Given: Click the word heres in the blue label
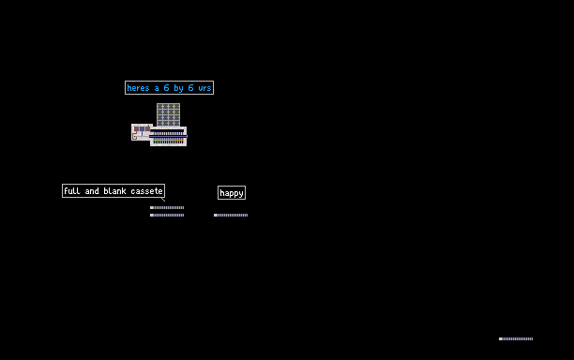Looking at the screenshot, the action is [138, 88].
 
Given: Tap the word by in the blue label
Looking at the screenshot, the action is [178, 88].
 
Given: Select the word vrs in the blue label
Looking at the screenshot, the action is [204, 88].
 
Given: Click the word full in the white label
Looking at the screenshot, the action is [72, 190].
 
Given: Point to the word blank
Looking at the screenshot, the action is [114, 190].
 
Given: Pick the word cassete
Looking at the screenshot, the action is [146, 191].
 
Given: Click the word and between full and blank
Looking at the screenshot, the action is [92, 190].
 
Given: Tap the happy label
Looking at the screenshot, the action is [232, 193].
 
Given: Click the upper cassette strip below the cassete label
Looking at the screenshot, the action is [167, 207].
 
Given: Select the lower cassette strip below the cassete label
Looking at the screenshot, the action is [167, 215].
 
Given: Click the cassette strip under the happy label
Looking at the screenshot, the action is [231, 215].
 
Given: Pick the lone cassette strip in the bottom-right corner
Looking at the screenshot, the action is [516, 338].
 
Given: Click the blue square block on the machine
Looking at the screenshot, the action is [142, 128].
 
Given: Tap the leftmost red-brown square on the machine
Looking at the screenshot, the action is [137, 128].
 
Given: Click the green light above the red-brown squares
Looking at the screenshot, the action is [148, 126].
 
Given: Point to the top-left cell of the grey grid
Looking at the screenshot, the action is [160, 107].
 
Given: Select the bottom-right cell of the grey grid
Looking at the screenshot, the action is [177, 124].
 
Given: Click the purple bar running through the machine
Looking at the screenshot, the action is [168, 137].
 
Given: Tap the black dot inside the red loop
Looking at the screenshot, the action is [135, 137].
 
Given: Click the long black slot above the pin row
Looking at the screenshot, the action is [167, 130].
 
